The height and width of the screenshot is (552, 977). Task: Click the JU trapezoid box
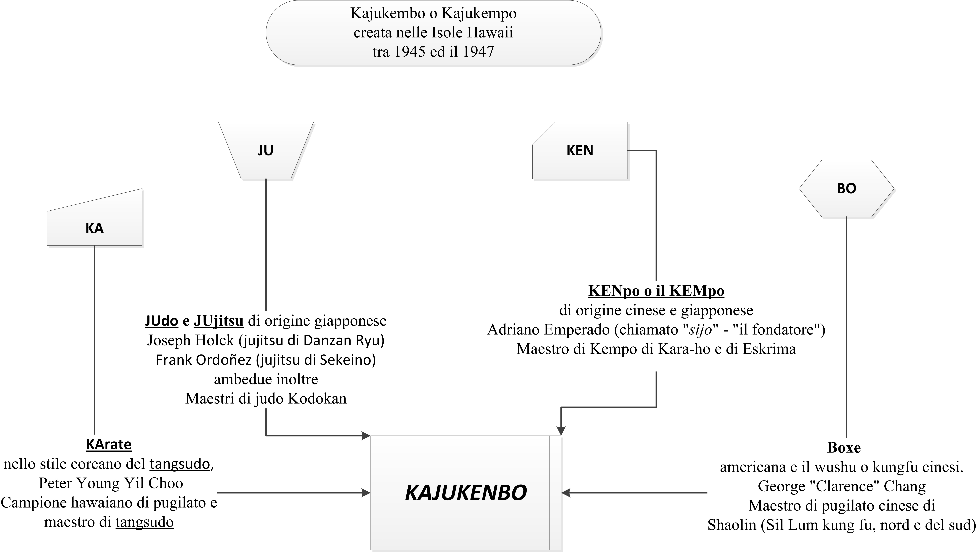266,150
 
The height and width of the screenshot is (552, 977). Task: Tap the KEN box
580,150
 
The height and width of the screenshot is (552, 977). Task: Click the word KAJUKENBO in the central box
466,493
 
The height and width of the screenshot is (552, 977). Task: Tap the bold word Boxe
844,448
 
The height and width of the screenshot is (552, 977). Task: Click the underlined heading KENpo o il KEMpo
656,291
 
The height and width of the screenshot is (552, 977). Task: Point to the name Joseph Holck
190,340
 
